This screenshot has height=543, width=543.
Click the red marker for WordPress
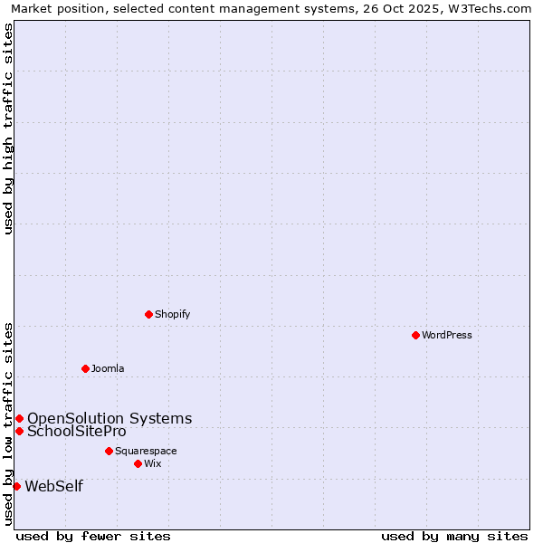click(415, 335)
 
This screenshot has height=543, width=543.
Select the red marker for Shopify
click(148, 314)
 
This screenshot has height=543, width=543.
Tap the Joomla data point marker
click(85, 368)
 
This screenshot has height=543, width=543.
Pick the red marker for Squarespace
click(109, 451)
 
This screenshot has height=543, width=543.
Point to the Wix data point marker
click(138, 463)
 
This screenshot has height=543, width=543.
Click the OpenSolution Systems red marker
click(19, 418)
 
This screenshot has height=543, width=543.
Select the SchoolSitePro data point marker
click(19, 431)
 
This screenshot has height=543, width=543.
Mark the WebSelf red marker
click(16, 486)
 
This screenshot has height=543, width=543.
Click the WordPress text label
click(447, 335)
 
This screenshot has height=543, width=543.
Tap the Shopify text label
click(172, 314)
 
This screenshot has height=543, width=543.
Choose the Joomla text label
click(108, 368)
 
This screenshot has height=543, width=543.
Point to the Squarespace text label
click(146, 451)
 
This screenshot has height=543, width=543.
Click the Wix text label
click(152, 463)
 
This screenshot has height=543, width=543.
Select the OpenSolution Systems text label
click(110, 418)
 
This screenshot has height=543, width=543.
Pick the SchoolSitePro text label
click(77, 431)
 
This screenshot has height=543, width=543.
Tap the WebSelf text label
click(53, 486)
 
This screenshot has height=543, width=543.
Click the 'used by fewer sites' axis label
click(93, 536)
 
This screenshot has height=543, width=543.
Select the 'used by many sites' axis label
click(454, 536)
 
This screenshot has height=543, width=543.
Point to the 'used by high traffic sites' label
click(9, 129)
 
